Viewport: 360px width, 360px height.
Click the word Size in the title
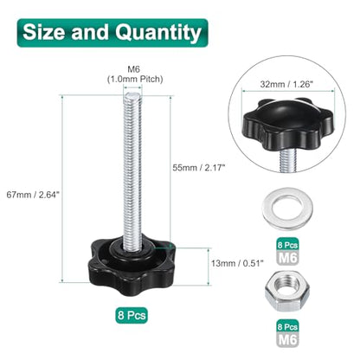click(x=44, y=32)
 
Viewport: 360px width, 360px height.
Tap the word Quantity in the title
click(x=158, y=33)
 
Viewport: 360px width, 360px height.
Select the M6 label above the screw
click(x=133, y=69)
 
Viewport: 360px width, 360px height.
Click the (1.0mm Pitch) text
click(x=135, y=79)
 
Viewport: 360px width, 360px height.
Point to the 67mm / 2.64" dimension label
click(x=33, y=195)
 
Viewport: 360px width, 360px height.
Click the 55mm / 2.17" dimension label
click(x=198, y=167)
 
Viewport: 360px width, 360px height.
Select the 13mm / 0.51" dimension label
click(x=237, y=263)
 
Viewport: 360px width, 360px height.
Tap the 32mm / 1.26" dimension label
click(x=286, y=84)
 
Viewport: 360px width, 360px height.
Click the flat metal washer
click(x=287, y=207)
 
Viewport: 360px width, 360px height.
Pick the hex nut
click(x=287, y=291)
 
